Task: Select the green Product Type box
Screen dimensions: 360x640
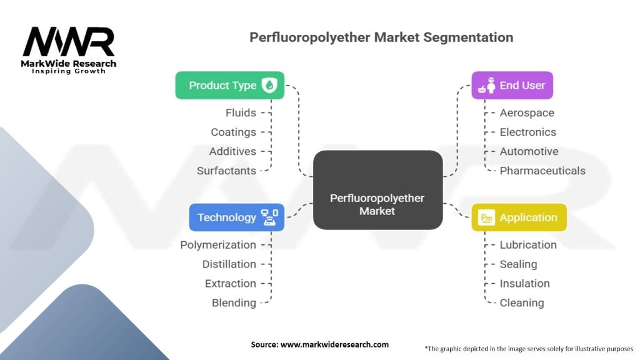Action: (x=229, y=86)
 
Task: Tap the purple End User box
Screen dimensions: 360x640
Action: (x=512, y=86)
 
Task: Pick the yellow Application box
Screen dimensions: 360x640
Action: (x=519, y=217)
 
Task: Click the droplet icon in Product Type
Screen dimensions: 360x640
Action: (x=269, y=86)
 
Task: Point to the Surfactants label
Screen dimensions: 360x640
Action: (x=226, y=171)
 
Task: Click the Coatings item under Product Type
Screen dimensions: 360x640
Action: (x=233, y=132)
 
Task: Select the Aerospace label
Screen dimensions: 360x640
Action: (x=527, y=112)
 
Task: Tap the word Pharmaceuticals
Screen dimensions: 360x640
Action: (x=542, y=171)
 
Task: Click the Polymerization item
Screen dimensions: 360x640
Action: (x=218, y=244)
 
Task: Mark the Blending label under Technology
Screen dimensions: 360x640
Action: (x=234, y=302)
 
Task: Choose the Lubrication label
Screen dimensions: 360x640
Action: (x=528, y=244)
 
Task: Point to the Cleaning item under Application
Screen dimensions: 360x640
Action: (x=522, y=302)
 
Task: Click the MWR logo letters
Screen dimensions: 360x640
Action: (x=69, y=42)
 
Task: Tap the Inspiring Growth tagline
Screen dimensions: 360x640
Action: (x=69, y=71)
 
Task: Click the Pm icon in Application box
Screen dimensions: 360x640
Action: (x=486, y=217)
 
